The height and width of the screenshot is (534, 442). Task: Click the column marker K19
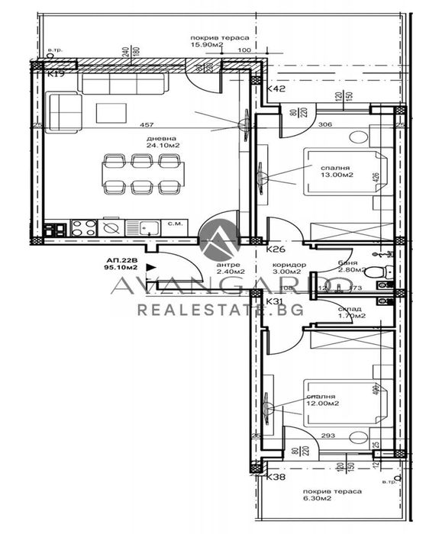pyautogui.click(x=53, y=75)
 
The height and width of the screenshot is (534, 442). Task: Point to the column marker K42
pyautogui.click(x=276, y=90)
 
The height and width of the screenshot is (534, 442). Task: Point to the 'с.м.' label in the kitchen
pyautogui.click(x=174, y=224)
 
